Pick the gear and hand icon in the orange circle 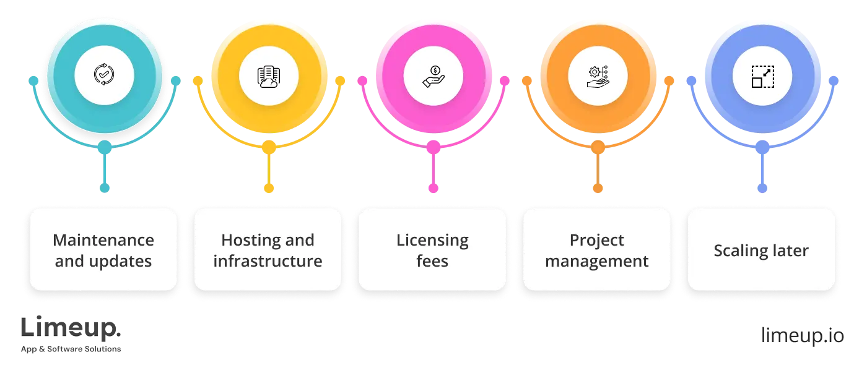pyautogui.click(x=598, y=75)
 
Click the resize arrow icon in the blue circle pyautogui.click(x=762, y=76)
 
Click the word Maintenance pyautogui.click(x=103, y=240)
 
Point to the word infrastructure pyautogui.click(x=268, y=261)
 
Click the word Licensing pyautogui.click(x=432, y=240)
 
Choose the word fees pyautogui.click(x=432, y=261)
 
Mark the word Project pyautogui.click(x=597, y=240)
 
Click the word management pyautogui.click(x=597, y=262)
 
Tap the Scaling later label pyautogui.click(x=761, y=251)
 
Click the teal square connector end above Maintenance pyautogui.click(x=105, y=188)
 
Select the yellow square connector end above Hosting pyautogui.click(x=269, y=188)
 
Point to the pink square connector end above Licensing pyautogui.click(x=434, y=188)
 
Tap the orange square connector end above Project pyautogui.click(x=598, y=188)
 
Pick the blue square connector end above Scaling pyautogui.click(x=762, y=188)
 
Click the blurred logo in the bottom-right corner pyautogui.click(x=802, y=336)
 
